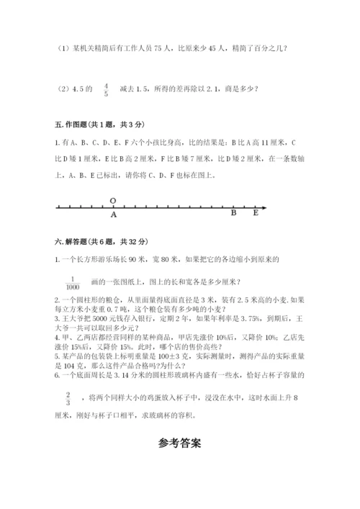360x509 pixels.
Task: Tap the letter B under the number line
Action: pos(233,213)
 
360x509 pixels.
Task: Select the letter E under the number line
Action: pos(255,213)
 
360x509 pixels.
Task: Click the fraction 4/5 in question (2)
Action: pos(105,89)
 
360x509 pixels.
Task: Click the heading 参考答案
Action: pos(180,443)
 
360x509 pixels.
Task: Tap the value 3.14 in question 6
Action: pos(121,375)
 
